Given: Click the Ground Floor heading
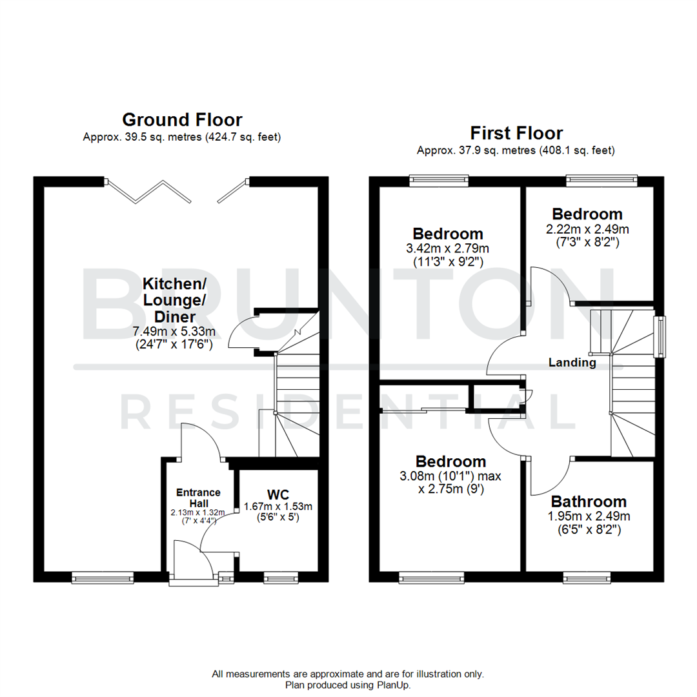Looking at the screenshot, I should click(182, 120).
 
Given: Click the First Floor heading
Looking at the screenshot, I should click(516, 134).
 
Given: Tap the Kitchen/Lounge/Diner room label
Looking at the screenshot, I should click(174, 300).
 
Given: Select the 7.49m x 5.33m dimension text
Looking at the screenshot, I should click(174, 331).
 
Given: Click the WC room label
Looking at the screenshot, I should click(278, 494).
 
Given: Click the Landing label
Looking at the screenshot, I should click(572, 363).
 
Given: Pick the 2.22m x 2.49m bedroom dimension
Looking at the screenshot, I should click(587, 228).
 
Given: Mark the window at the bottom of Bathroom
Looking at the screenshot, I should click(587, 578).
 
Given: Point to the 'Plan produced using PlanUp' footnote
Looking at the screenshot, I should click(348, 685).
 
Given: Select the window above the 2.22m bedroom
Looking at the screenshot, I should click(602, 180).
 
